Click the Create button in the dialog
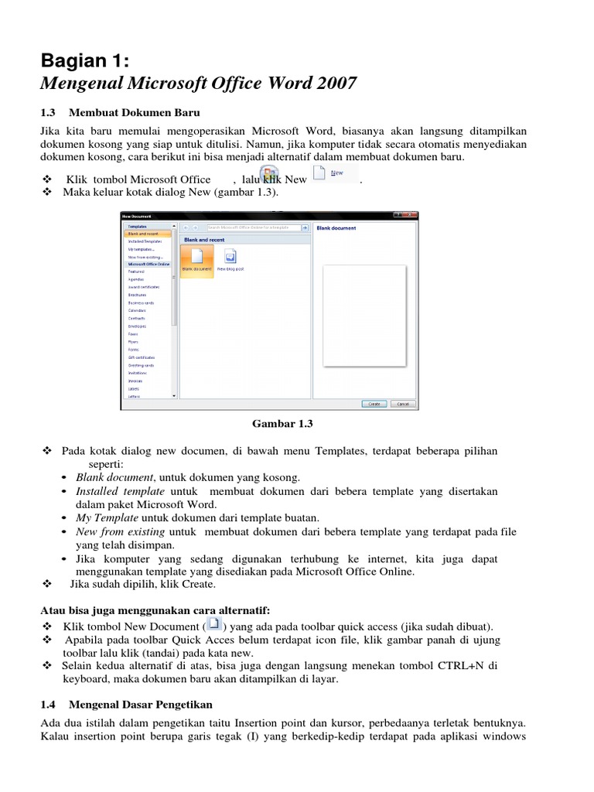(374, 404)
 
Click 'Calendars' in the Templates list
(137, 310)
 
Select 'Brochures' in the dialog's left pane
(137, 295)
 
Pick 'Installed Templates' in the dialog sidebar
(142, 241)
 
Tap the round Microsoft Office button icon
(268, 175)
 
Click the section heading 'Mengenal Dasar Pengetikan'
(140, 705)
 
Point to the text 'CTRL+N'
(463, 665)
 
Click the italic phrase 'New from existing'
(120, 532)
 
